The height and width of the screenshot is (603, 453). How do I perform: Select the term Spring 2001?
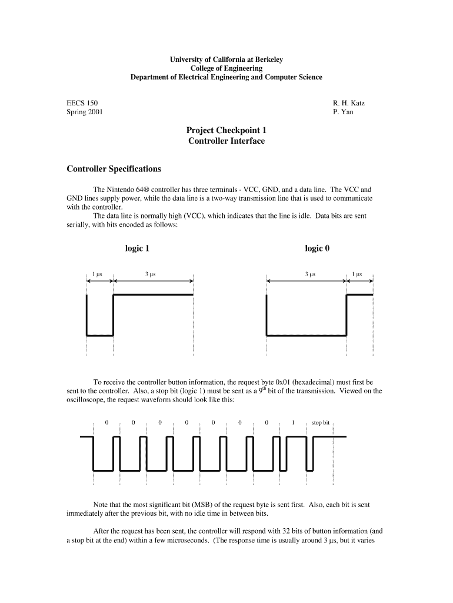(x=84, y=112)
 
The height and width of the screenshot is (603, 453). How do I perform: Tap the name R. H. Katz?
(x=349, y=103)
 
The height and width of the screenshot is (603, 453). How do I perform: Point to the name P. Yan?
(x=343, y=112)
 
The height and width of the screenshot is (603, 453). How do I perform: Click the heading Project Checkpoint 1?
(x=226, y=130)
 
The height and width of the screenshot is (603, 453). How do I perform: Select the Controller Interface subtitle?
(x=226, y=141)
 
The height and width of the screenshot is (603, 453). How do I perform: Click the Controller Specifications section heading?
(x=114, y=169)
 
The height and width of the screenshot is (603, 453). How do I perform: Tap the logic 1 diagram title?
(x=137, y=249)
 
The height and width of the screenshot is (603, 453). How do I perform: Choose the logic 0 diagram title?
(x=317, y=249)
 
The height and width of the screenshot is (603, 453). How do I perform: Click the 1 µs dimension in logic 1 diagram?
(x=98, y=274)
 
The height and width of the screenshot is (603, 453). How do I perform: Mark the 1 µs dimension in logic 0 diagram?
(x=357, y=274)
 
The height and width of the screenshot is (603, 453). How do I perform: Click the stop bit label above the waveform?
(x=321, y=423)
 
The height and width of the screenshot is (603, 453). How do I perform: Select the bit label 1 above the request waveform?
(x=293, y=423)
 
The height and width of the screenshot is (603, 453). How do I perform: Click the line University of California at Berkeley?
(x=226, y=59)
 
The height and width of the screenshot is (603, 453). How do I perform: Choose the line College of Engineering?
(x=226, y=68)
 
